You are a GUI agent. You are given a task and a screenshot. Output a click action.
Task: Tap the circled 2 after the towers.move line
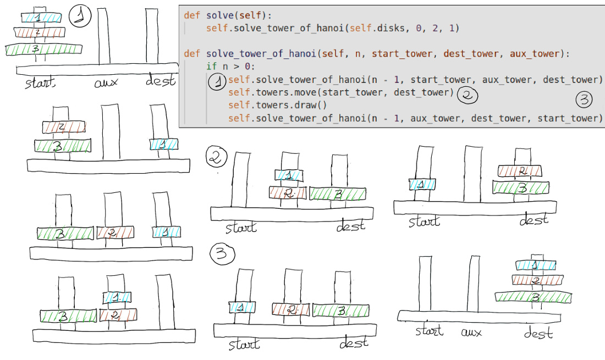click(x=468, y=95)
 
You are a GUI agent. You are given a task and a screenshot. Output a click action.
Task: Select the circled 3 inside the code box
click(x=584, y=99)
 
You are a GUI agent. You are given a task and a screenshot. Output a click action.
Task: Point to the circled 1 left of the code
click(x=218, y=82)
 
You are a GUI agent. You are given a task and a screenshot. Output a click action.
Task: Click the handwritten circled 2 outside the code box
click(x=216, y=158)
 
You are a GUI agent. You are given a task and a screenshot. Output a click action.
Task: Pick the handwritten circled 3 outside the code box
click(x=222, y=254)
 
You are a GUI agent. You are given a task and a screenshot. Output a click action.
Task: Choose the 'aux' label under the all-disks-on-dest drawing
click(x=471, y=332)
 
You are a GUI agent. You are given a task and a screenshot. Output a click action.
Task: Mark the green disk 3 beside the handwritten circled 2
click(x=338, y=193)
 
